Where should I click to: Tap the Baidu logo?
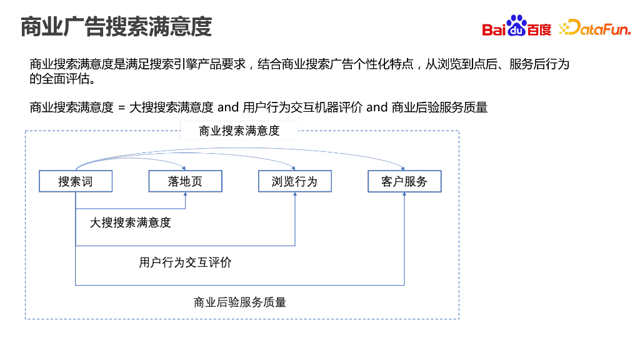(516, 27)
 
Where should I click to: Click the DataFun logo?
(594, 27)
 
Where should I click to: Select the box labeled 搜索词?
(76, 181)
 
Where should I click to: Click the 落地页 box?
(185, 181)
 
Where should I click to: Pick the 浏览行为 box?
(294, 181)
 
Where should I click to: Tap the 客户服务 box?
(404, 181)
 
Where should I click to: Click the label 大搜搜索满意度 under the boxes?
(130, 222)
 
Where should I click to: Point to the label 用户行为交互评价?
(185, 262)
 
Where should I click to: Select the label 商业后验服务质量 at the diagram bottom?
(240, 302)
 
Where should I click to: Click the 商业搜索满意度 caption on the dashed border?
(239, 131)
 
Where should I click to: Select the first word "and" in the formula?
(228, 107)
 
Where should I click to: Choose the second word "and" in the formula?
(377, 107)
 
